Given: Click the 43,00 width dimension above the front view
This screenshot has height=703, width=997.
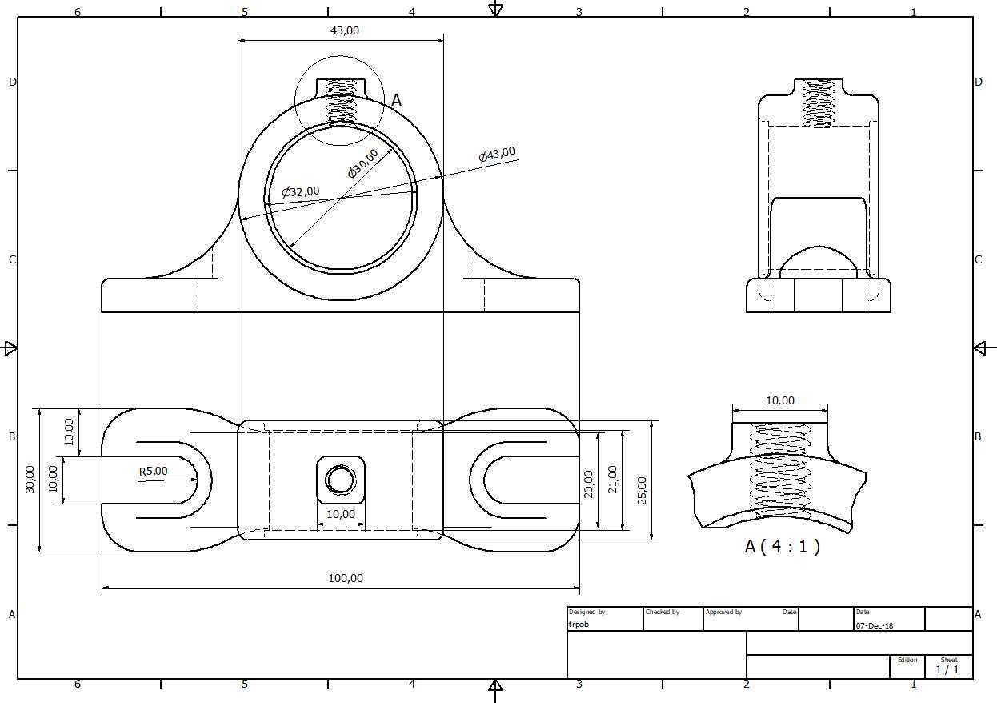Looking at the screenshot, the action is pos(345,30).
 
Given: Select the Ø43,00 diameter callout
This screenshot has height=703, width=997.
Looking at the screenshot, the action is pos(497,155).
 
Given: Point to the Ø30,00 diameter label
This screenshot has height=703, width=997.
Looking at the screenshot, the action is pos(362,163).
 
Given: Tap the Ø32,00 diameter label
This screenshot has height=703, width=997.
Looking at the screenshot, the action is pos(300,191).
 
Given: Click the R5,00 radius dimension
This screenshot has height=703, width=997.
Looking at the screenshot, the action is pos(153,471).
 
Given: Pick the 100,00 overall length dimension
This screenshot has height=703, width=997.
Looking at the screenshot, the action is pos(346,578).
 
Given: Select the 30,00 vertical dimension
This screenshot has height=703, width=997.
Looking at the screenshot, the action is pos(30,480).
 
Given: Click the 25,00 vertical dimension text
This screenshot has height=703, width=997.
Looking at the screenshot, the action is pos(642,491).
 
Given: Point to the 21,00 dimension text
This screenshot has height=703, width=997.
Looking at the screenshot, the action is pos(612,480).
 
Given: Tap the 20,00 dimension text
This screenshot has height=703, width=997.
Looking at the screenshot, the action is pos(588,484).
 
